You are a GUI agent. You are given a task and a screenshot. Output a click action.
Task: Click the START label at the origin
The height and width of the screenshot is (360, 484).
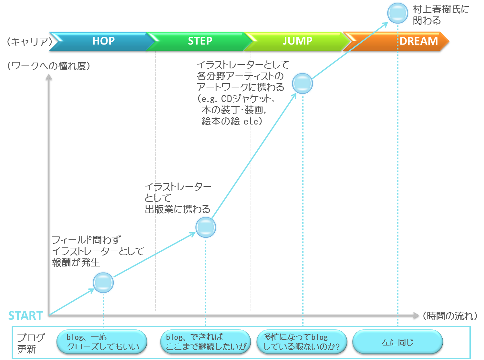[26, 315]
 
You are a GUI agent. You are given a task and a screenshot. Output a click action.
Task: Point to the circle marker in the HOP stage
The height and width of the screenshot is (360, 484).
[103, 283]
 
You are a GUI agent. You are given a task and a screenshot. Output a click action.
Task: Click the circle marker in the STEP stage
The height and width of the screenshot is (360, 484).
[206, 227]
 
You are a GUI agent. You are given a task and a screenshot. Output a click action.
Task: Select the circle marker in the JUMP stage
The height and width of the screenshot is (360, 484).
[303, 84]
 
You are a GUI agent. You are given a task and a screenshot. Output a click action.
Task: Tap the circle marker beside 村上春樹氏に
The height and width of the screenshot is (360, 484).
[397, 13]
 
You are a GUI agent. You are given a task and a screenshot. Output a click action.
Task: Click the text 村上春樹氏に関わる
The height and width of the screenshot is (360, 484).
[440, 15]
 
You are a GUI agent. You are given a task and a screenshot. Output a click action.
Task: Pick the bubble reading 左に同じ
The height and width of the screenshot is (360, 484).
[397, 343]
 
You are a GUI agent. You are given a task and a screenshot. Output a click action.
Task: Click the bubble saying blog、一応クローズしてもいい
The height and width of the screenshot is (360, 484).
[102, 342]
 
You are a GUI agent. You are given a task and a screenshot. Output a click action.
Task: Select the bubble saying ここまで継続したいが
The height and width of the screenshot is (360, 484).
[206, 342]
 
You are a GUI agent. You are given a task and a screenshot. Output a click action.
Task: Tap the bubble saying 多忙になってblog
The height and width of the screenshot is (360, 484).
[302, 342]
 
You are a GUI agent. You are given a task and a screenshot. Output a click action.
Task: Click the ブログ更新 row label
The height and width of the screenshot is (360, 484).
[31, 343]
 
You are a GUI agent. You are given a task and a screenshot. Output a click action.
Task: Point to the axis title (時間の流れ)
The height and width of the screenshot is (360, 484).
[450, 316]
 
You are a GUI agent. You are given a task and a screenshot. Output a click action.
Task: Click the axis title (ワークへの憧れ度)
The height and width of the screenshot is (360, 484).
[48, 66]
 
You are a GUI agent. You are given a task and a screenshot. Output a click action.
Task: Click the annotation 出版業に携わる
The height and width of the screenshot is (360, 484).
[177, 209]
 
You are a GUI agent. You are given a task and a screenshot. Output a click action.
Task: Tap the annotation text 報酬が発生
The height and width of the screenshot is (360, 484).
[76, 263]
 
